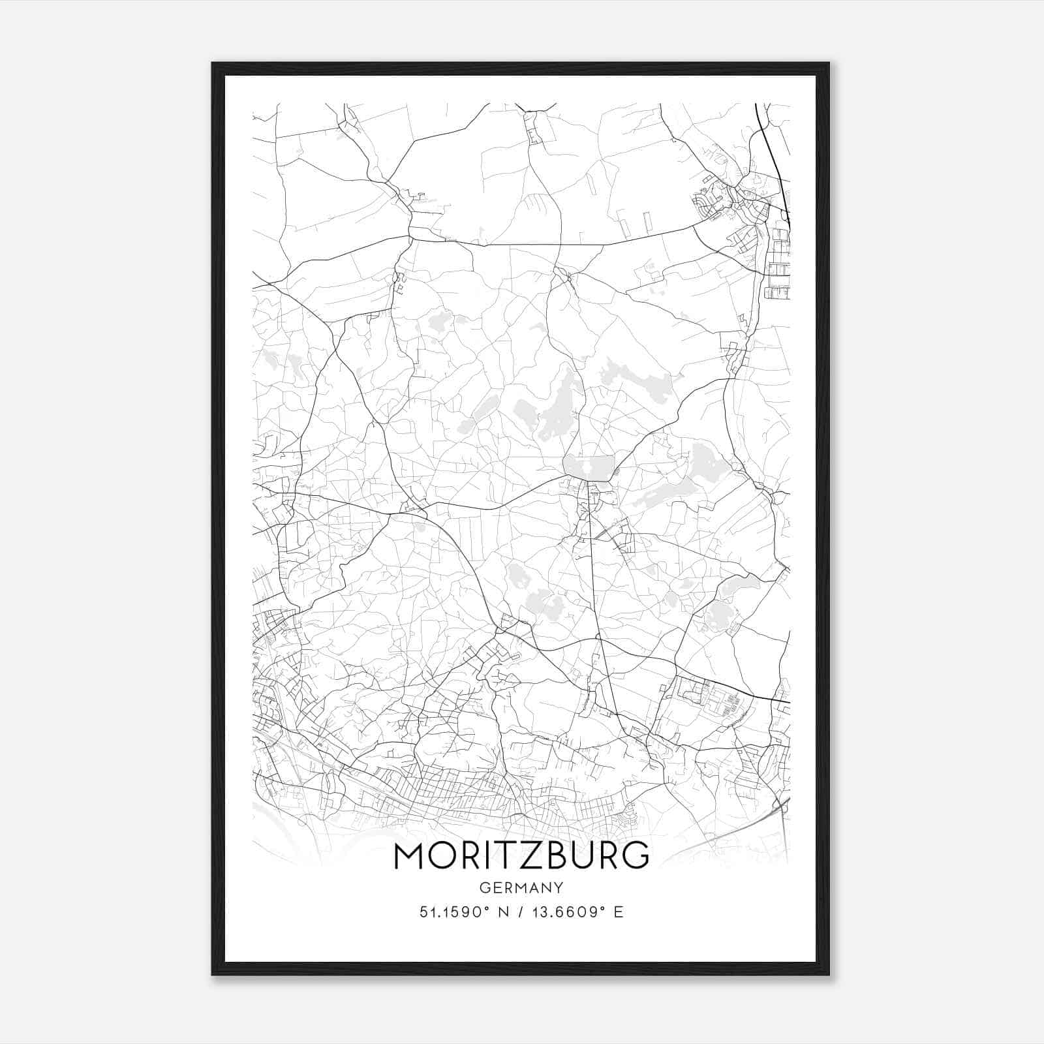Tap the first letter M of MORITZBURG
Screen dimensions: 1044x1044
point(410,855)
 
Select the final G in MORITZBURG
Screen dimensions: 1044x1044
point(634,855)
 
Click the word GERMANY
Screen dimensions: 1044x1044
point(521,887)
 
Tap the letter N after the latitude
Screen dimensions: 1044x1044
point(502,912)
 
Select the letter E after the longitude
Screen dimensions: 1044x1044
point(619,912)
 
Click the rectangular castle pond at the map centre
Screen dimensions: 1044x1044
point(589,467)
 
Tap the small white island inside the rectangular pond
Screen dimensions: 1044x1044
point(589,468)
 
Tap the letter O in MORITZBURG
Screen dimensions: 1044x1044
point(446,855)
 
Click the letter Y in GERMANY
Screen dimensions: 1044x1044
point(559,887)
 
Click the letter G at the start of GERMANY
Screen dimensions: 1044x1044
point(484,887)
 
